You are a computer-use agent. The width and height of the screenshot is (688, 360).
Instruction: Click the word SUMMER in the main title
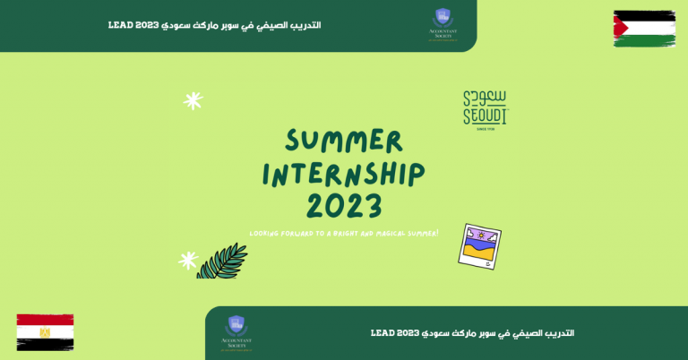click(x=345, y=141)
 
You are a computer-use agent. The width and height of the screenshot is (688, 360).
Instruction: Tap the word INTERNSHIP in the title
click(x=344, y=173)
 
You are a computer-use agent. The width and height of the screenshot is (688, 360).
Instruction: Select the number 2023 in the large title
click(x=345, y=205)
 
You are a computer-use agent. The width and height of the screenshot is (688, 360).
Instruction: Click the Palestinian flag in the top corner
click(x=644, y=28)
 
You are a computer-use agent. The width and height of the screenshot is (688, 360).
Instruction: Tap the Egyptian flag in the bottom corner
click(x=45, y=330)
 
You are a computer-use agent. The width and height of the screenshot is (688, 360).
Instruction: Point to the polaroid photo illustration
click(x=479, y=245)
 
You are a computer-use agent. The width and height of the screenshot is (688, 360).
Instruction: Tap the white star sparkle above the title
click(x=193, y=100)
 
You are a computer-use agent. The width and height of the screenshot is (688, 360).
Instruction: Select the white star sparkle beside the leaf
click(x=188, y=261)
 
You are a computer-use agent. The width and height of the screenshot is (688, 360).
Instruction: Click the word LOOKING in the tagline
click(x=267, y=232)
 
